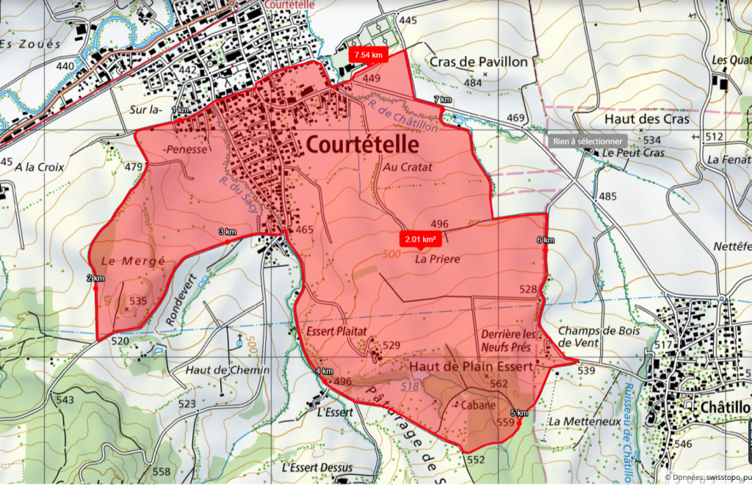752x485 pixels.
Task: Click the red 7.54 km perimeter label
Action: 368,55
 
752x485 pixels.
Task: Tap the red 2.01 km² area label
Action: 419,238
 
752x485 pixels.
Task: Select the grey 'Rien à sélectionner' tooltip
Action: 588,141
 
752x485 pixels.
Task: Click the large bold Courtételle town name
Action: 362,144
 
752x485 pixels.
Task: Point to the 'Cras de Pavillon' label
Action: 479,62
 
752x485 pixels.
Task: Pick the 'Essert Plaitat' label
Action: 336,332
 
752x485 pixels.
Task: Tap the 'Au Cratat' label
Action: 408,167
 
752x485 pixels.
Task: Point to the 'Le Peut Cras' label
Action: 633,153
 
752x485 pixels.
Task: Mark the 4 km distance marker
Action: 324,372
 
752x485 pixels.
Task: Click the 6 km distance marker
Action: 545,241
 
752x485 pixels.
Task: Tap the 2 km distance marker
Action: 95,278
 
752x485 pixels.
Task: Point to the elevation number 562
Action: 499,383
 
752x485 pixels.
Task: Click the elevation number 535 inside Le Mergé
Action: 138,301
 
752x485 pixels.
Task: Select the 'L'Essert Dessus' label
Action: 317,467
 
